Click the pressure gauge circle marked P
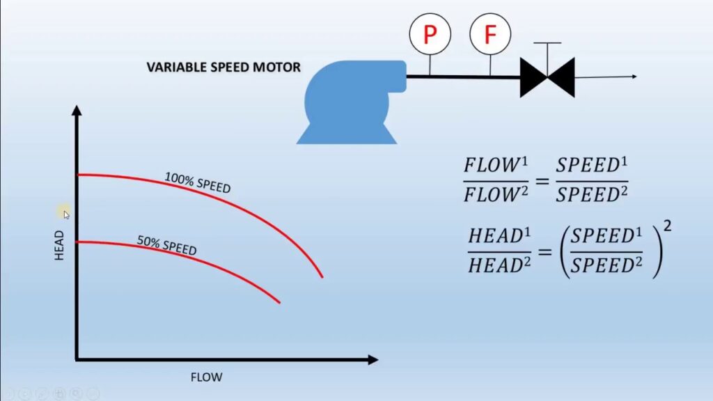pyautogui.click(x=430, y=33)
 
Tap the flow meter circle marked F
pyautogui.click(x=490, y=33)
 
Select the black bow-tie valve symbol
pyautogui.click(x=547, y=77)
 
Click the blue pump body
pyautogui.click(x=349, y=97)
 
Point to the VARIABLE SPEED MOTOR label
pyautogui.click(x=224, y=68)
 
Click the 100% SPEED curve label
pyautogui.click(x=198, y=182)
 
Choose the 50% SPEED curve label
pyautogui.click(x=167, y=245)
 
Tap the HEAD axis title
pyautogui.click(x=59, y=245)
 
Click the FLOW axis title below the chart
pyautogui.click(x=206, y=377)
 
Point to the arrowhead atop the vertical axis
pyautogui.click(x=77, y=111)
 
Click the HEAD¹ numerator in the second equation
pyautogui.click(x=496, y=236)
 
